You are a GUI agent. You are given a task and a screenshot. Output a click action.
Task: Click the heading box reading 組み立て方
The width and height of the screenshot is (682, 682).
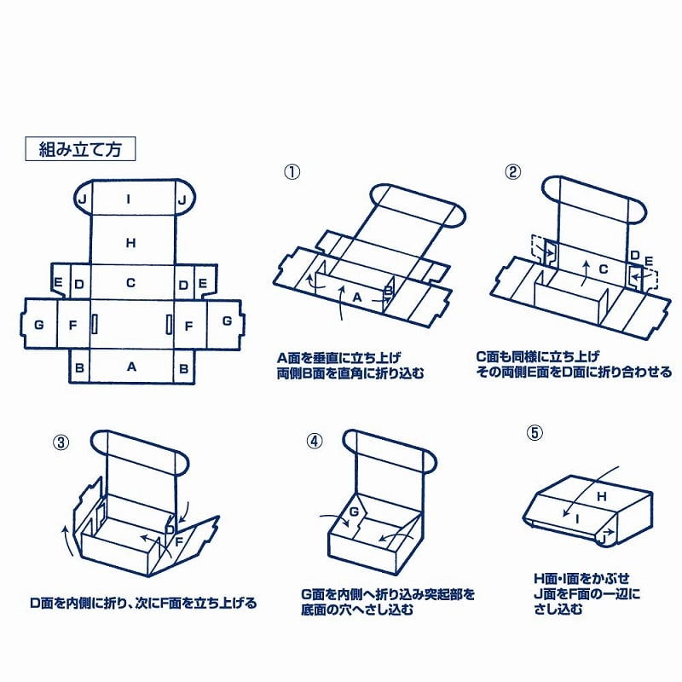tap(81, 149)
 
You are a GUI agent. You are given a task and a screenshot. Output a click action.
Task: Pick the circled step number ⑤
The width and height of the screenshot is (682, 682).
tap(535, 433)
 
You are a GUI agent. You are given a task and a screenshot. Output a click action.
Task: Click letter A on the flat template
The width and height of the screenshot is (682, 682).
tap(131, 367)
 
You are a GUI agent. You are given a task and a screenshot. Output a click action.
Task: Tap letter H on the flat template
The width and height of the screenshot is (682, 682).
tap(131, 243)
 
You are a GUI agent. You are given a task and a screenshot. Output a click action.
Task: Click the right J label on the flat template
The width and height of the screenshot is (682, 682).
tap(182, 199)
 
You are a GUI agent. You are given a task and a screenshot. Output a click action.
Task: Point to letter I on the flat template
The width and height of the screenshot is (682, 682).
tap(129, 199)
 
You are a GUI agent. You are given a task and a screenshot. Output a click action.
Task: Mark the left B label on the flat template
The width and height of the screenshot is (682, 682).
tap(79, 367)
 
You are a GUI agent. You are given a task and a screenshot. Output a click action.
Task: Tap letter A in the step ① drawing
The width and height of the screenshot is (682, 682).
tap(357, 297)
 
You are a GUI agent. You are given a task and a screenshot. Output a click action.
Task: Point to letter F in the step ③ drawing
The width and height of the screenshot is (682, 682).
tap(181, 540)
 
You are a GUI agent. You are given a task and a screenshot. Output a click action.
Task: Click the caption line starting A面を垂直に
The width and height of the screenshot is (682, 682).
tap(338, 358)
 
